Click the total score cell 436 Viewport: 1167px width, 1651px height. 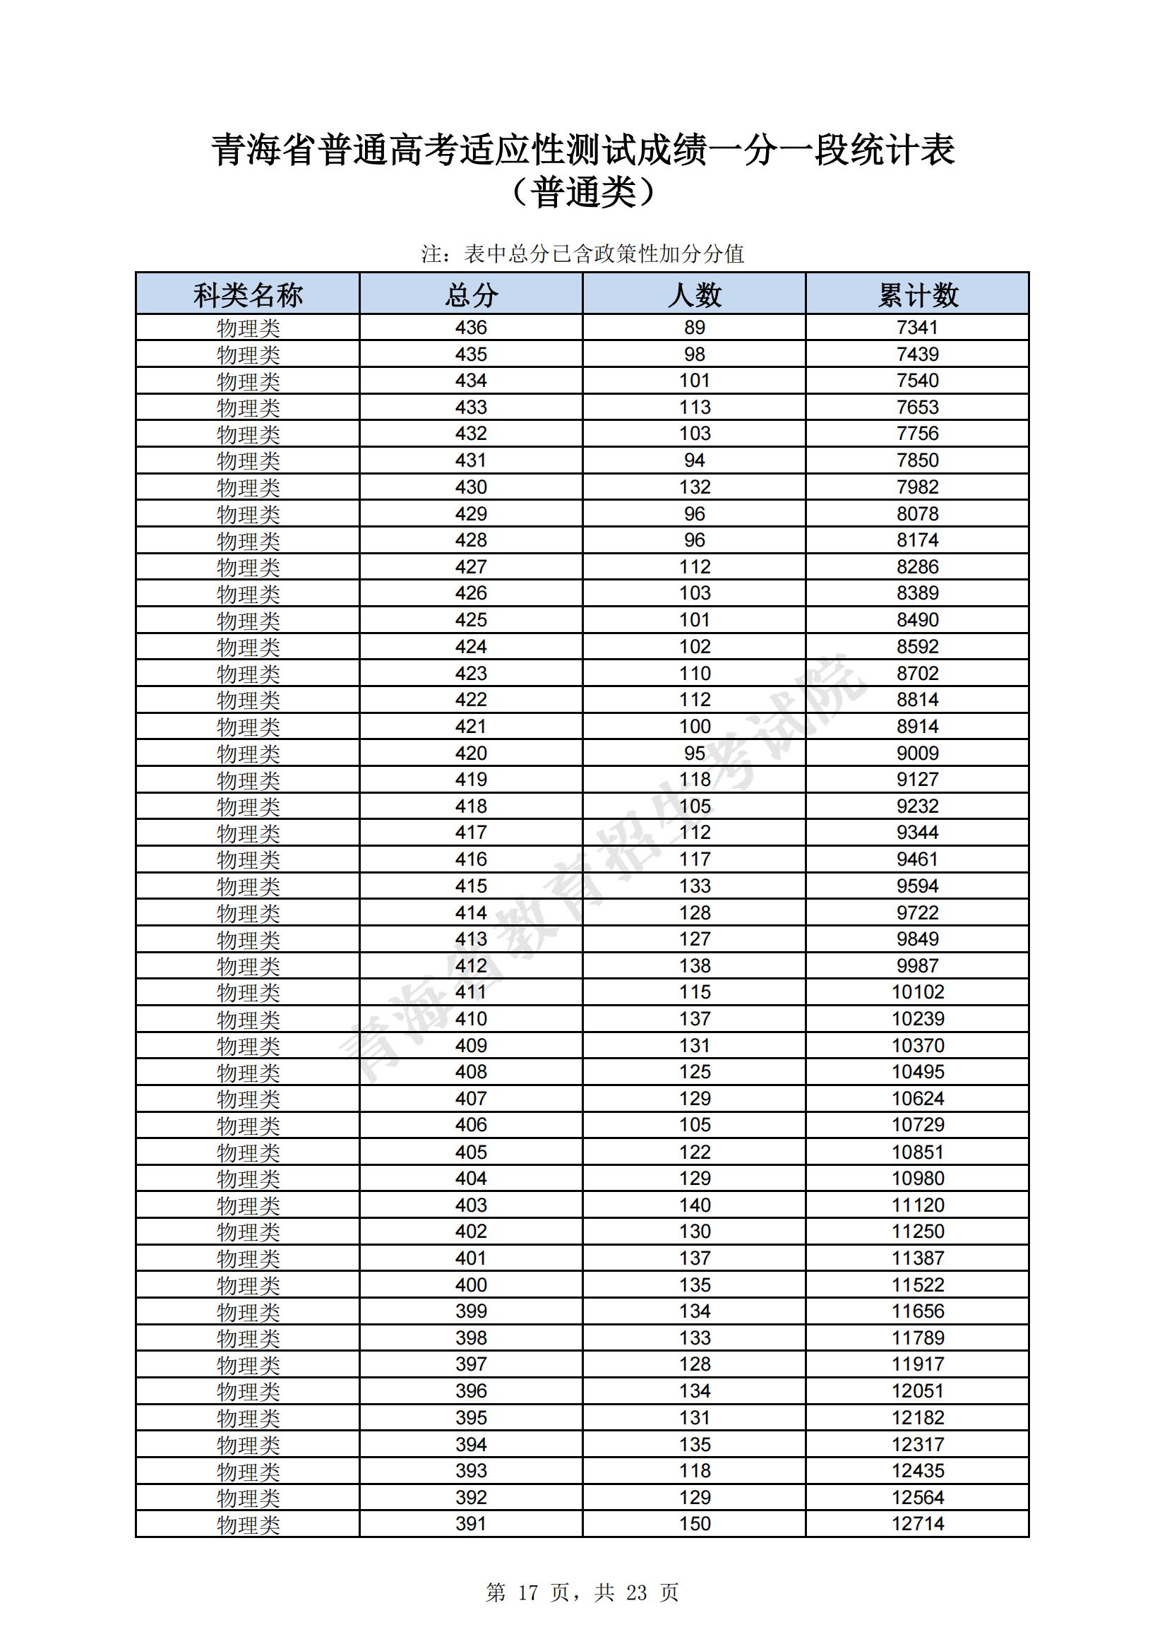pyautogui.click(x=471, y=328)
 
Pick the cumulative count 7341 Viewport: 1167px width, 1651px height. pyautogui.click(x=918, y=328)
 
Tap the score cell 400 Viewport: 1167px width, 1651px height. pyautogui.click(x=471, y=1285)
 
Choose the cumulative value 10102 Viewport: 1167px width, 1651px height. pyautogui.click(x=918, y=992)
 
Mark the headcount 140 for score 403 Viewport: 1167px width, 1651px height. pyautogui.click(x=695, y=1205)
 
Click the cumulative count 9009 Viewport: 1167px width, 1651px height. pyautogui.click(x=918, y=753)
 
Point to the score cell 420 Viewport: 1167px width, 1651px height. pyautogui.click(x=471, y=753)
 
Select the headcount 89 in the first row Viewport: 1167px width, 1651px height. pyautogui.click(x=695, y=328)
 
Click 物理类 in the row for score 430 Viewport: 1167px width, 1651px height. pyautogui.click(x=248, y=487)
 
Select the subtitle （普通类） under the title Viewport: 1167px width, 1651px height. pyautogui.click(x=583, y=193)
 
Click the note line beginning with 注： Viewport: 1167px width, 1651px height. pyautogui.click(x=582, y=254)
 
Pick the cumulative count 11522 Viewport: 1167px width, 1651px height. pyautogui.click(x=918, y=1285)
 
